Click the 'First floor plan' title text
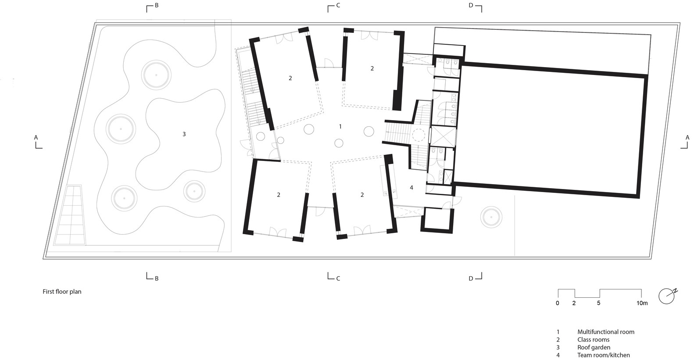(62, 292)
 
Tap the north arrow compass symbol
(667, 296)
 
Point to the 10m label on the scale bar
(642, 303)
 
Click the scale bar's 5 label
(598, 303)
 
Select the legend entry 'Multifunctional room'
(606, 332)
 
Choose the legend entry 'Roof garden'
(594, 347)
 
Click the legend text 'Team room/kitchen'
(604, 355)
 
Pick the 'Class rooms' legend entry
(593, 339)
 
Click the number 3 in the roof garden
(184, 134)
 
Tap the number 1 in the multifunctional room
(340, 126)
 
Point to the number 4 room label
(411, 187)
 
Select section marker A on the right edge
(686, 142)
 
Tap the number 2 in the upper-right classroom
(372, 68)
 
